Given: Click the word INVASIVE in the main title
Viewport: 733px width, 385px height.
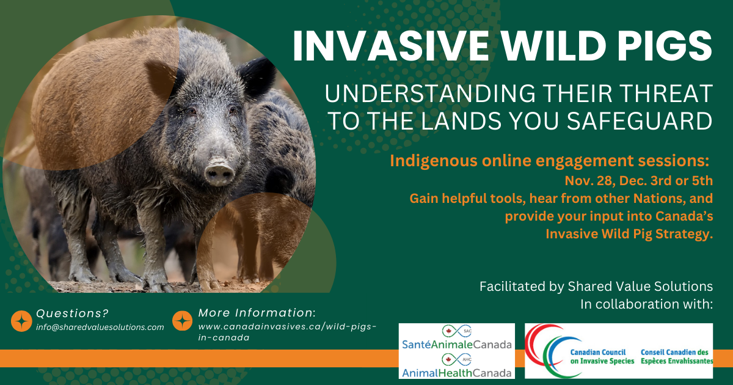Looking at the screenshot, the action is tap(391, 46).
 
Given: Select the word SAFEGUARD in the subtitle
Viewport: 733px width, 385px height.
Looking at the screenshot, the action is tap(640, 121).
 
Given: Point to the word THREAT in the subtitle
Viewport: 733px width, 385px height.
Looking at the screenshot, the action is tap(666, 94).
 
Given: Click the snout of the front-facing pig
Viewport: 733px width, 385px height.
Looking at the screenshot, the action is tap(219, 172).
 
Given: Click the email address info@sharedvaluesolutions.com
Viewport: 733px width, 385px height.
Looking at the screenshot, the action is tap(100, 327).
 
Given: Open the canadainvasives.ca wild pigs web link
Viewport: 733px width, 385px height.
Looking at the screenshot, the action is tap(287, 332).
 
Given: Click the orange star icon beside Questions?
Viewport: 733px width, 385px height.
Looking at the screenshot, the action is tap(21, 321).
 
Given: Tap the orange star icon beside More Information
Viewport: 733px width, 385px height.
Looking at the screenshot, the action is tap(182, 320).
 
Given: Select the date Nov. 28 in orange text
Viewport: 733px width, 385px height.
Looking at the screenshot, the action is tap(588, 181).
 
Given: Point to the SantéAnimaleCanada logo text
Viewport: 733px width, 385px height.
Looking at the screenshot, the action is tap(456, 345).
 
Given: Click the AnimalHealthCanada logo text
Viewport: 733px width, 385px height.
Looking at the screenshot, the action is tap(456, 373).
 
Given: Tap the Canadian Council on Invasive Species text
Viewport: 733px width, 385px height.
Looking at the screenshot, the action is tap(602, 356).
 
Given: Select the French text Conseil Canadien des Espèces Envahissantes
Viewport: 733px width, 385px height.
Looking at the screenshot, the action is tap(677, 356).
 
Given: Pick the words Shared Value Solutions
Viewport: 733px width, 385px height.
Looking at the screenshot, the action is tap(640, 287).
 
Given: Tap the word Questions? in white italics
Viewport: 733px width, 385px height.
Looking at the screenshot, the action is tap(72, 313).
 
